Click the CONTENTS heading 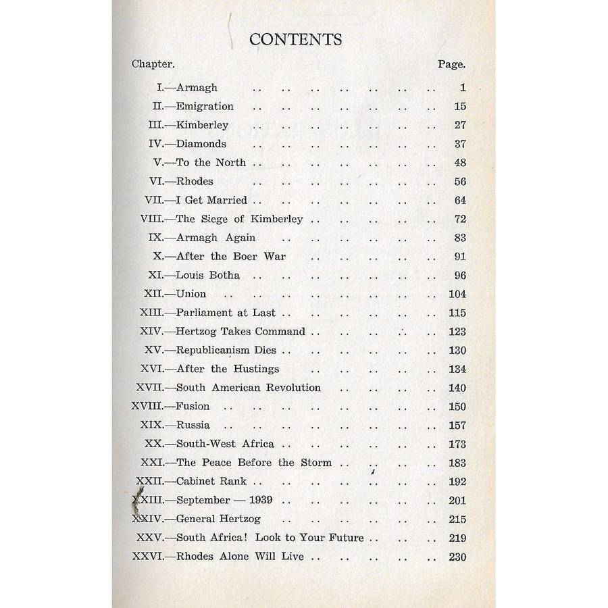(x=296, y=39)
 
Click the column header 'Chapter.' (x=153, y=64)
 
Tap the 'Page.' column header (x=451, y=64)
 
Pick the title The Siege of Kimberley (x=239, y=219)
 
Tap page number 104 (x=457, y=295)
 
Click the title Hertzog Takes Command (x=240, y=332)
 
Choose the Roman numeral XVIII (x=147, y=406)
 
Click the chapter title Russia (x=193, y=425)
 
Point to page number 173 (x=457, y=444)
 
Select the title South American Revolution (x=248, y=388)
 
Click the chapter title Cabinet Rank (x=211, y=482)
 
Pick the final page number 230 (x=457, y=557)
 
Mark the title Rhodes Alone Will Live (x=240, y=557)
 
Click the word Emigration (x=205, y=106)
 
